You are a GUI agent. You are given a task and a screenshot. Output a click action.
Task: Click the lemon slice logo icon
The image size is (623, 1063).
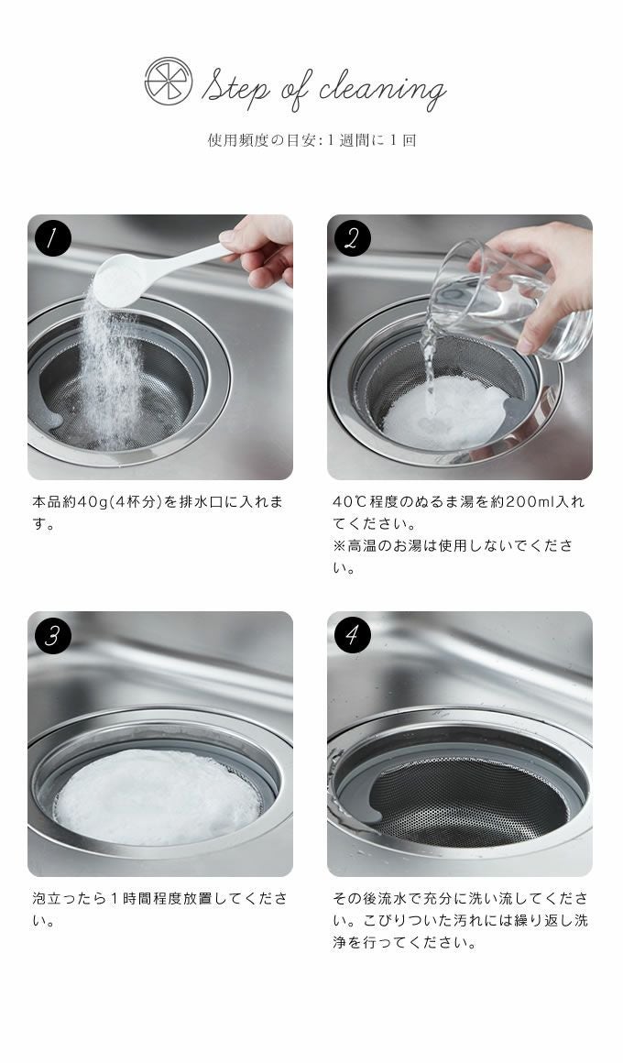coord(169,82)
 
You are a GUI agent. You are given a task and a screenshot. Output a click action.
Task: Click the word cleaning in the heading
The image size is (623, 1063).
coord(382,88)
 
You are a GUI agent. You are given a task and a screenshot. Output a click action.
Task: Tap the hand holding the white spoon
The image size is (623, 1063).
coord(260,247)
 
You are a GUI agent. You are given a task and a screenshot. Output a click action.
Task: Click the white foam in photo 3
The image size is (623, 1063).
coord(158,797)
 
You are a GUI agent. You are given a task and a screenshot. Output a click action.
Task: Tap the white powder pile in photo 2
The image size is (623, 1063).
coord(446,413)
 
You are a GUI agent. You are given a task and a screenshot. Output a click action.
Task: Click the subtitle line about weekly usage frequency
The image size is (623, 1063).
coord(311,140)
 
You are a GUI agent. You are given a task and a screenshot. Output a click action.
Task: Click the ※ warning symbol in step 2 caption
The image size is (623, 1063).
coord(339,546)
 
